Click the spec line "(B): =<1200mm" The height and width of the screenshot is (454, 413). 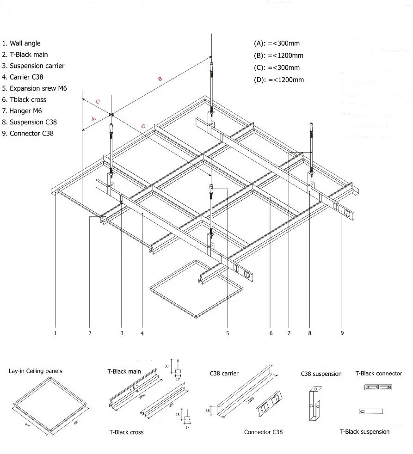click(x=278, y=55)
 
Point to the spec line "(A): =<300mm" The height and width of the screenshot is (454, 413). click(x=277, y=43)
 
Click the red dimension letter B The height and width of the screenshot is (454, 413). click(x=160, y=79)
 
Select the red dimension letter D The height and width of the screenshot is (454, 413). click(x=143, y=126)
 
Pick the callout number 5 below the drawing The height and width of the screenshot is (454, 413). click(x=228, y=333)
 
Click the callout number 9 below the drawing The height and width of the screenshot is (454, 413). click(x=342, y=333)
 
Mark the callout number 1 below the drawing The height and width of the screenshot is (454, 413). click(x=55, y=333)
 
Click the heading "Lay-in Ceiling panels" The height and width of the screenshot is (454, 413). click(x=35, y=371)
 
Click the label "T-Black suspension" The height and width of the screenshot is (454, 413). click(x=364, y=432)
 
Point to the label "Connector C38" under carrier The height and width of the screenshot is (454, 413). click(x=263, y=432)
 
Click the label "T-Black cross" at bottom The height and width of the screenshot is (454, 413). click(x=126, y=432)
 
